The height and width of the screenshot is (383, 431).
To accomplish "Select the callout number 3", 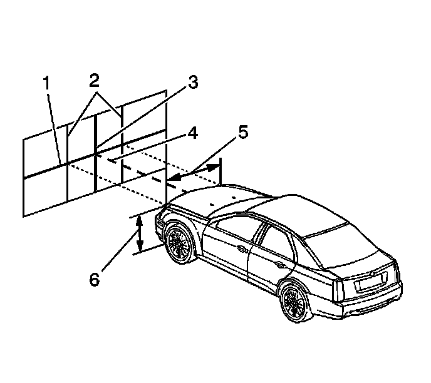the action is (193, 83).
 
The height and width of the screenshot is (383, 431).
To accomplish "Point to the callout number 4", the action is (193, 133).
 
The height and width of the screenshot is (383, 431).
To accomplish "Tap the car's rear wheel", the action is (295, 302).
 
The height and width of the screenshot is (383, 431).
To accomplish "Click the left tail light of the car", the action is (341, 285).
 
